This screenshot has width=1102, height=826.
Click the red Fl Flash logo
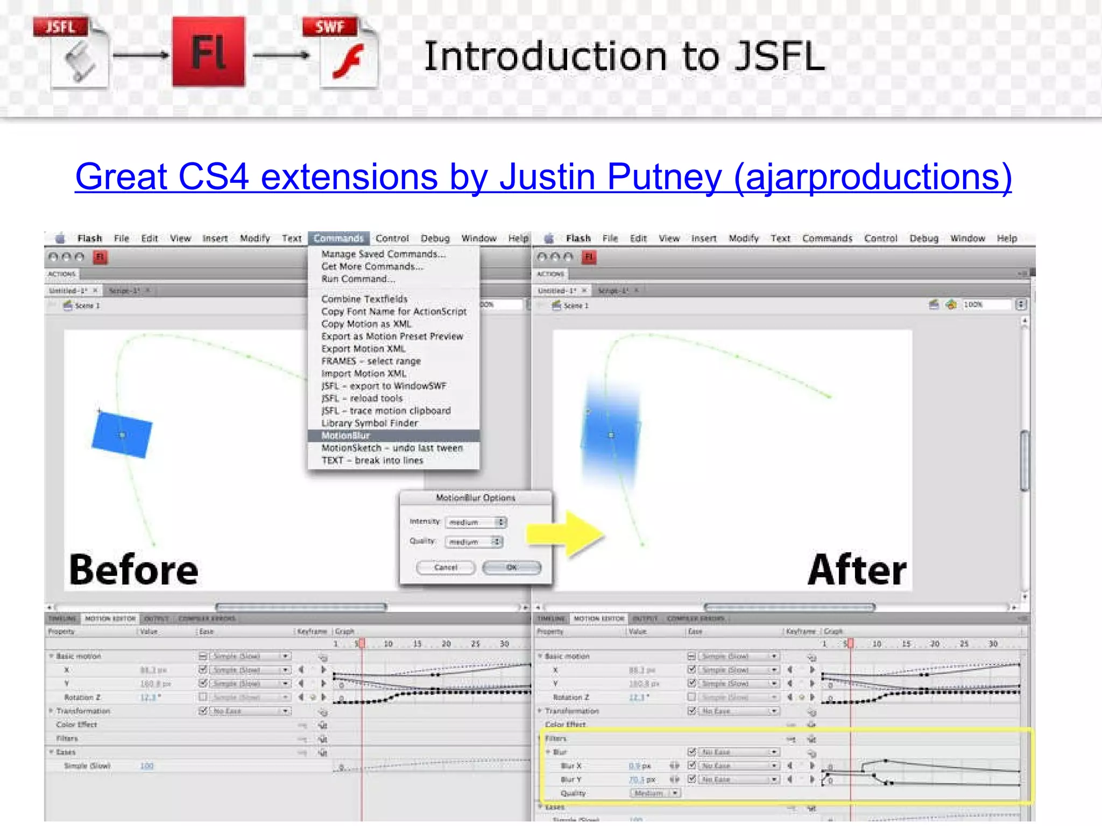209,52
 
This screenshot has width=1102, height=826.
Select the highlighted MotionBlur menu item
346,436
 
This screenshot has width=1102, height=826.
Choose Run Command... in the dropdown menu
358,279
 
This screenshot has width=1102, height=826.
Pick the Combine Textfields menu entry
364,299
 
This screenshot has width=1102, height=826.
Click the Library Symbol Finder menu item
370,423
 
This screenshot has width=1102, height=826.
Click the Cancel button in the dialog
446,567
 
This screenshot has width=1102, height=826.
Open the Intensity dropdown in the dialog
476,522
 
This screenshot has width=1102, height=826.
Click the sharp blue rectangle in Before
122,435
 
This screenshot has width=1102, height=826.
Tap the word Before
134,570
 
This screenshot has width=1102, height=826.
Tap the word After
857,570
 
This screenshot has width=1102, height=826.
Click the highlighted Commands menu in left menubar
338,238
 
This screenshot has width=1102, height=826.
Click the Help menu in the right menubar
1007,238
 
